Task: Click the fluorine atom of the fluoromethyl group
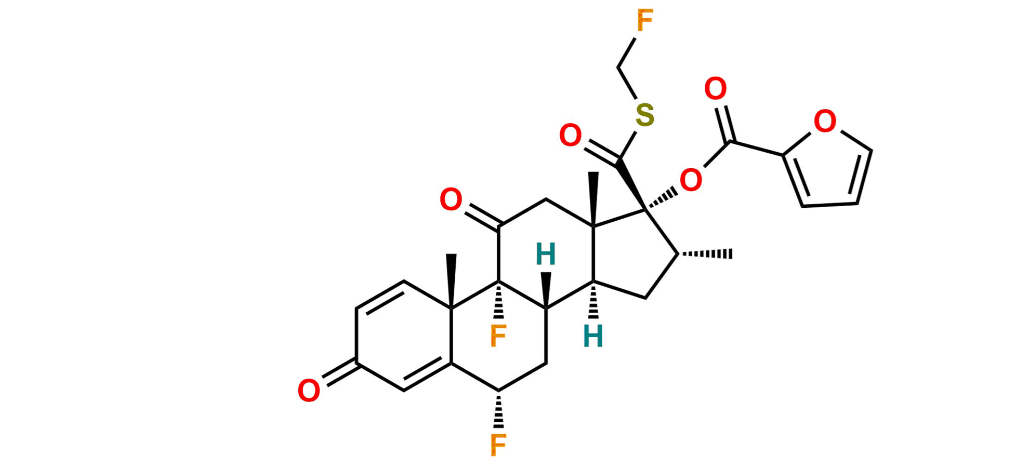(x=644, y=22)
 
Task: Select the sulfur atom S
(x=645, y=115)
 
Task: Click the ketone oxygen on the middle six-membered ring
(x=450, y=200)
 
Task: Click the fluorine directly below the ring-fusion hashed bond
(x=498, y=336)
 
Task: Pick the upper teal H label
(x=546, y=254)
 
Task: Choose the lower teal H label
(x=593, y=336)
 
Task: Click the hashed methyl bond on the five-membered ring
(x=707, y=253)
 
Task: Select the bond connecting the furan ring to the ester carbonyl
(x=758, y=148)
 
